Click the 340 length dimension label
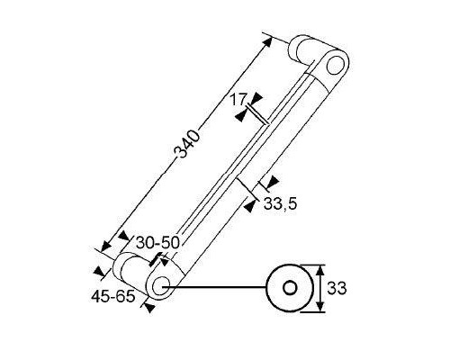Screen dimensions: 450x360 pyautogui.click(x=187, y=144)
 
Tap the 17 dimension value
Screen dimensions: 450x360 pyautogui.click(x=238, y=99)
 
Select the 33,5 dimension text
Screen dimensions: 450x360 pyautogui.click(x=280, y=204)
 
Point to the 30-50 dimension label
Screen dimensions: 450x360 pyautogui.click(x=157, y=242)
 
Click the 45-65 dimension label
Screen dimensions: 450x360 pyautogui.click(x=113, y=297)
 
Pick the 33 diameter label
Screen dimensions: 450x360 pyautogui.click(x=337, y=288)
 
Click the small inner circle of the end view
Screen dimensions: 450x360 pyautogui.click(x=290, y=288)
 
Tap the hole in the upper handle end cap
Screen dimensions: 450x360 pyautogui.click(x=335, y=65)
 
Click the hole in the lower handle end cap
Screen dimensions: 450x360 pyautogui.click(x=161, y=285)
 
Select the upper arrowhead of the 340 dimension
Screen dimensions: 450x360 pyautogui.click(x=268, y=41)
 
